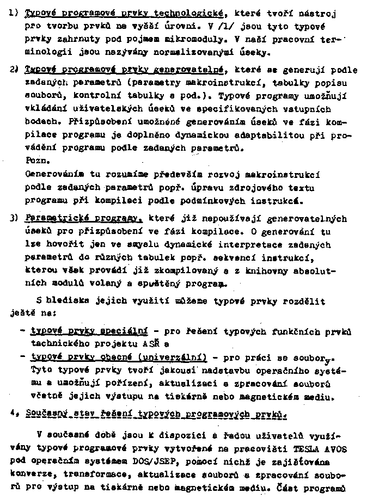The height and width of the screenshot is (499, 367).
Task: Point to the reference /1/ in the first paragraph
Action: (236, 26)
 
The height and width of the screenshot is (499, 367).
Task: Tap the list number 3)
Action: (13, 219)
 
